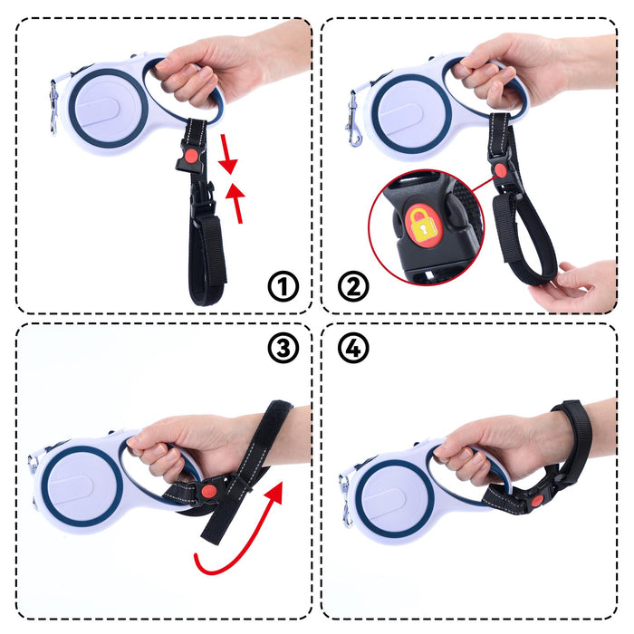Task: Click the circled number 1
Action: (283, 288)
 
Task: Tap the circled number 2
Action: (353, 288)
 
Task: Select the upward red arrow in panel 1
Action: (237, 201)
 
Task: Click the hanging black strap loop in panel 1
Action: (207, 254)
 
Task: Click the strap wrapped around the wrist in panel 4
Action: (572, 435)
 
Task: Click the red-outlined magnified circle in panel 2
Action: (426, 228)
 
